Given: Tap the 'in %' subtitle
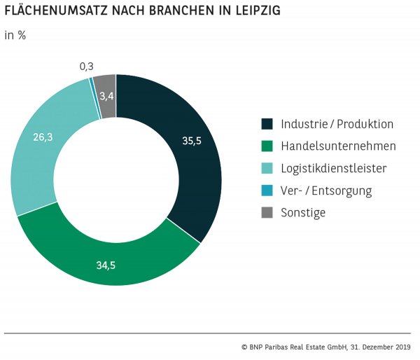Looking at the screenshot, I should [x=15, y=35].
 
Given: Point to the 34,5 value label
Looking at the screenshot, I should [x=106, y=265].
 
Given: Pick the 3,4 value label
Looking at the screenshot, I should [x=106, y=96].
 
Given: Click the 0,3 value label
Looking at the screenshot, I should [x=87, y=67].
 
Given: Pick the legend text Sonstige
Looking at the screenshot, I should [x=303, y=212].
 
